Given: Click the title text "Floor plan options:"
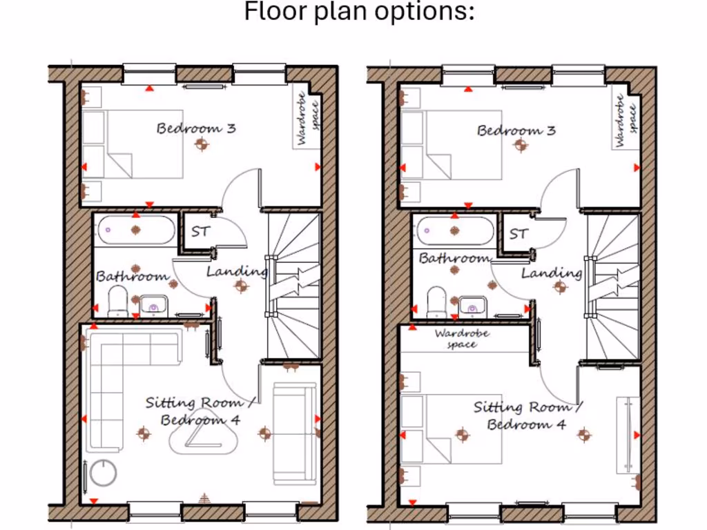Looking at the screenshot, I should click(360, 12).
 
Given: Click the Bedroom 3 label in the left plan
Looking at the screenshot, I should click(196, 128).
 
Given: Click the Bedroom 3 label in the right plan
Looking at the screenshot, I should click(516, 130).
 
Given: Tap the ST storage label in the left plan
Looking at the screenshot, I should click(200, 232).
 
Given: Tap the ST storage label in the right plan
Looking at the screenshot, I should click(519, 234).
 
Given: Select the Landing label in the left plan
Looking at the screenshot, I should click(237, 271).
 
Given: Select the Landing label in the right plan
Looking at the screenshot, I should click(551, 273).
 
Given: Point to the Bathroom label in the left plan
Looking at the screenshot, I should click(132, 276).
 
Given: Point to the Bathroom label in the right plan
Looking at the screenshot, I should click(454, 259).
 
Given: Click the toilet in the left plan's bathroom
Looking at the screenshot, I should click(118, 302).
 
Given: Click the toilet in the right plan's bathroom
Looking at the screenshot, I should click(437, 302).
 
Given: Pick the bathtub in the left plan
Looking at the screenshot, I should click(136, 229).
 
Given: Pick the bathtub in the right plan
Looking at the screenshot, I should click(455, 230).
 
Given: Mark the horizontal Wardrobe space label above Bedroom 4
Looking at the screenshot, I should click(462, 338).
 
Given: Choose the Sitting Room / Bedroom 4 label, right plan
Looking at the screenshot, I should click(527, 415).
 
